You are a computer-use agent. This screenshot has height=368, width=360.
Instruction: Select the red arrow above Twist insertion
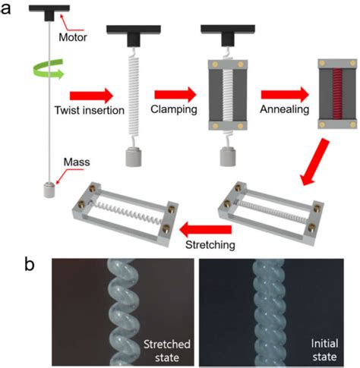tap(90, 96)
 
